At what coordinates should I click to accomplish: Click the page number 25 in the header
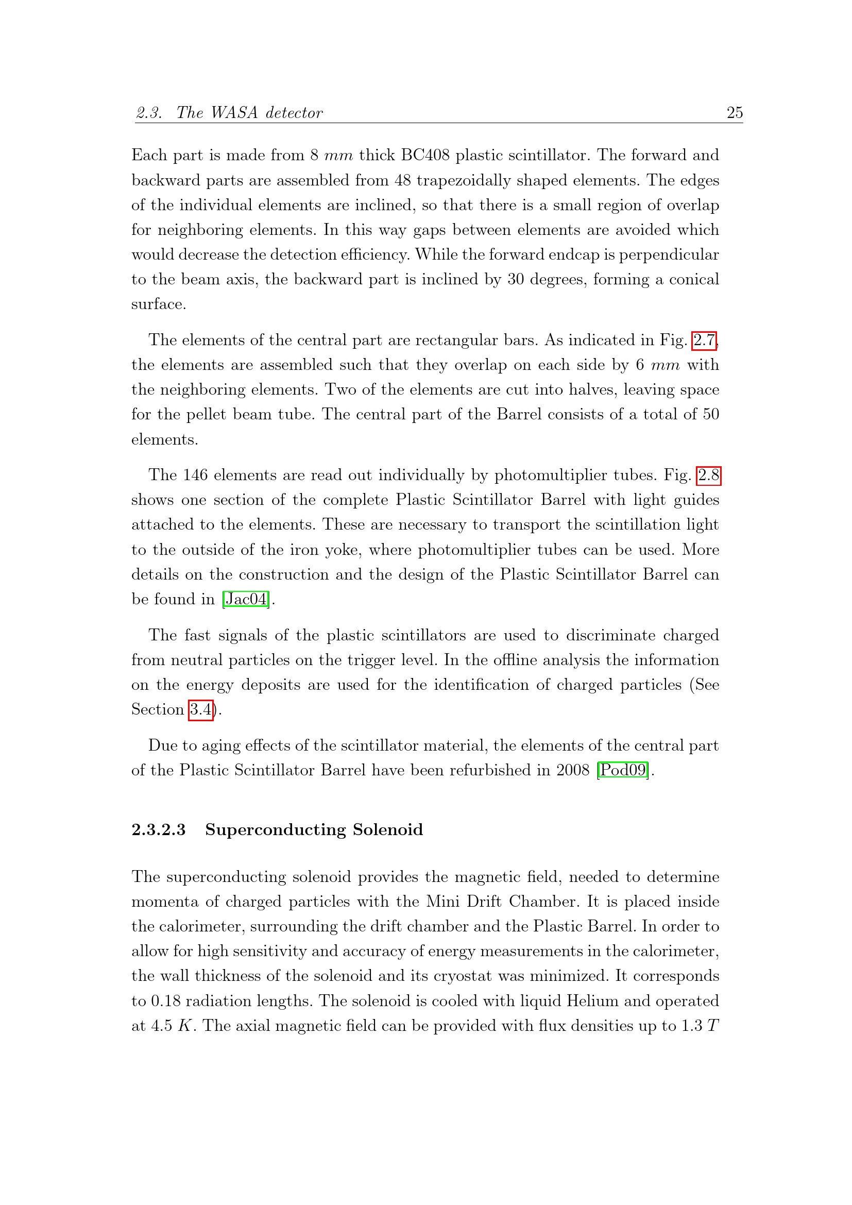735,113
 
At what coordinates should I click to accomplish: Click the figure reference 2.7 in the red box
704,341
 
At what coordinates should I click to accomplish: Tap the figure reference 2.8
708,476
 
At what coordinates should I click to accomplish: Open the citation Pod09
623,770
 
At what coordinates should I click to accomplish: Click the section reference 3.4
201,710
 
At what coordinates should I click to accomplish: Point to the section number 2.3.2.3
159,830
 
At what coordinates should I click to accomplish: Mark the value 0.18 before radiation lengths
165,1002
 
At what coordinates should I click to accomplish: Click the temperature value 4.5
162,1026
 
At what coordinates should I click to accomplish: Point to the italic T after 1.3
712,1026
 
